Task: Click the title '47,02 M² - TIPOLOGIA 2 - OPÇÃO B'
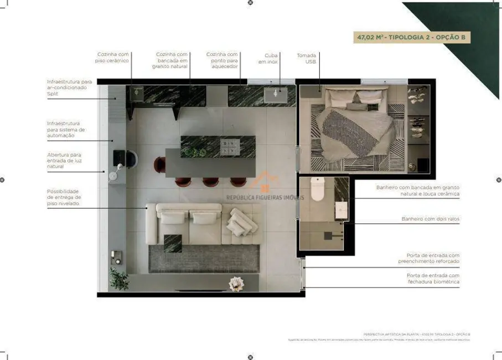(412, 38)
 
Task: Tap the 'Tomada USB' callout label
(306, 58)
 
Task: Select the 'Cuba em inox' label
(271, 58)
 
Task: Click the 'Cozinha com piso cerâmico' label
(113, 57)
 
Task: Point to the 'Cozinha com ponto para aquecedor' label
(222, 60)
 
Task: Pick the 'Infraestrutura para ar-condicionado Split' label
(69, 88)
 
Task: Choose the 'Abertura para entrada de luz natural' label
(64, 161)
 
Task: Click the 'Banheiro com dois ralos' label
(430, 219)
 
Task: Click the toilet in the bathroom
(317, 189)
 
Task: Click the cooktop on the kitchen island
(230, 146)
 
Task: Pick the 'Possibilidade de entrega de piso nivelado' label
(64, 197)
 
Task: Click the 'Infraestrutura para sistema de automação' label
(66, 130)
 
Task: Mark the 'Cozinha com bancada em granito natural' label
(172, 60)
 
